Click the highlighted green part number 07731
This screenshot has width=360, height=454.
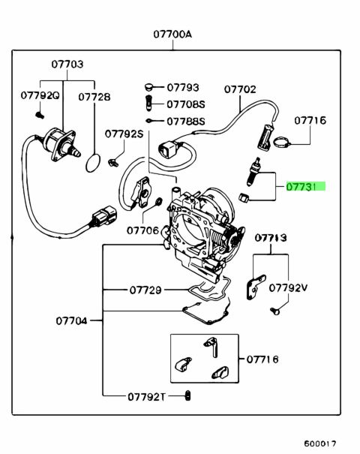(x=305, y=187)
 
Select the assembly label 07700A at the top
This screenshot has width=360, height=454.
(x=172, y=35)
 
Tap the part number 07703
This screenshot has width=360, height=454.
(x=67, y=64)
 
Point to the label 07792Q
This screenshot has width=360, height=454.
(x=40, y=95)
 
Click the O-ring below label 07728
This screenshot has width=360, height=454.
(x=93, y=163)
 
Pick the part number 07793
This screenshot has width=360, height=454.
(x=183, y=87)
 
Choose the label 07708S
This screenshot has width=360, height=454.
(x=186, y=104)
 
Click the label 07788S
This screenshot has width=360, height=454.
(x=186, y=121)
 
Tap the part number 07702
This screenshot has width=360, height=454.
(x=240, y=89)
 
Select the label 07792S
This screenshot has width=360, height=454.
(x=124, y=134)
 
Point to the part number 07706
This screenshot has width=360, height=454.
(x=143, y=230)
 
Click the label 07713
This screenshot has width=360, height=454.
(x=271, y=238)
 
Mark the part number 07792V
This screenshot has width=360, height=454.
(x=288, y=288)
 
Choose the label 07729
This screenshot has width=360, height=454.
(x=145, y=290)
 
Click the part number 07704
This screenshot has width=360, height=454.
(x=71, y=321)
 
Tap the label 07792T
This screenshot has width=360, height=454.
(x=147, y=397)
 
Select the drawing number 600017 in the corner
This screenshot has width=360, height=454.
(x=319, y=443)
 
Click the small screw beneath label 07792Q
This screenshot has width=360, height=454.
(x=40, y=116)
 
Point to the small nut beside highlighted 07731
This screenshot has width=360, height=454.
(x=243, y=198)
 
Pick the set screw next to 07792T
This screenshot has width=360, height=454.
(x=188, y=395)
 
